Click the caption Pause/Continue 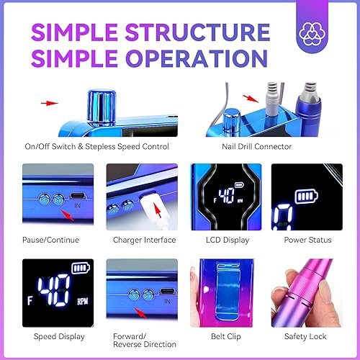[50, 240]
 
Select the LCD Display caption [220, 240]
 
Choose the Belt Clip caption [220, 336]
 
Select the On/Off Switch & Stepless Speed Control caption [96, 146]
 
